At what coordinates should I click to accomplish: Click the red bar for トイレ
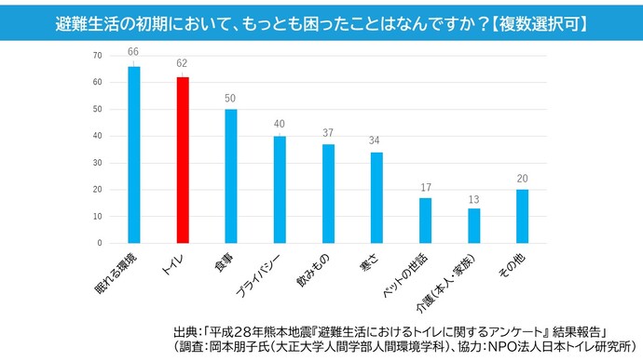[183, 160]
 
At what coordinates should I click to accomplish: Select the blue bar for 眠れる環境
[134, 154]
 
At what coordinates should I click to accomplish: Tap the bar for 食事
[231, 176]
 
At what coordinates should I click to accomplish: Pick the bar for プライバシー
[280, 189]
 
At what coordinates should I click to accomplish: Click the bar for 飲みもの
[328, 194]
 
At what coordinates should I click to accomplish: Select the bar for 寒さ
[376, 197]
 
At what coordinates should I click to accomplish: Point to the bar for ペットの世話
[425, 221]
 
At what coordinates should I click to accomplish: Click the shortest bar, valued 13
[473, 225]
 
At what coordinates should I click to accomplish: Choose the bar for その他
[522, 216]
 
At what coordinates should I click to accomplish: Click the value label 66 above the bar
[134, 52]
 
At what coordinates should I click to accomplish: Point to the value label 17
[425, 187]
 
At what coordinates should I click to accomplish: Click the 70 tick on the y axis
[97, 56]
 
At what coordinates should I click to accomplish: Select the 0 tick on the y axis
[100, 243]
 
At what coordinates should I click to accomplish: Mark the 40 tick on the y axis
[97, 136]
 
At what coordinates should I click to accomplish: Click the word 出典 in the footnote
[185, 331]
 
